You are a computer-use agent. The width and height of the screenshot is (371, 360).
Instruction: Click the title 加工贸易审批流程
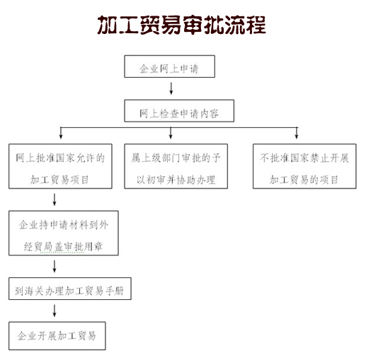point(182,25)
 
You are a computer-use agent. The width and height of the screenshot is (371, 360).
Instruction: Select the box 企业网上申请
point(169,66)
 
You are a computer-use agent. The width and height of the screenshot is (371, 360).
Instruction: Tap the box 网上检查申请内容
point(179,110)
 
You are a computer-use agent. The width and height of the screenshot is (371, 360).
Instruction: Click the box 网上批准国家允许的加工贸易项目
point(60,166)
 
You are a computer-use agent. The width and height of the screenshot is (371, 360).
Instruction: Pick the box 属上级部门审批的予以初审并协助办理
point(176,166)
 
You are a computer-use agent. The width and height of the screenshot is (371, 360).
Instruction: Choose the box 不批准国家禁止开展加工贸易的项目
point(304,166)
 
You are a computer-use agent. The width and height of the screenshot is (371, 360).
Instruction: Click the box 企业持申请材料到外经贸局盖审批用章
point(64,233)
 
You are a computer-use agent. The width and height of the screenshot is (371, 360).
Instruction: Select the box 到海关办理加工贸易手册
point(70,289)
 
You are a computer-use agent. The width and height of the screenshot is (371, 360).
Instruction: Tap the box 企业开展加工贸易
point(57,336)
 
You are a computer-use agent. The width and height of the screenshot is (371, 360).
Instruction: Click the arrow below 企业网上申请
point(171,88)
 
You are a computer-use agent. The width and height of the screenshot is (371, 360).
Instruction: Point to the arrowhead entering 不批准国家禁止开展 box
point(297,137)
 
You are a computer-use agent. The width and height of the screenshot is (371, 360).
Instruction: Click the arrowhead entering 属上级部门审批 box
point(171,137)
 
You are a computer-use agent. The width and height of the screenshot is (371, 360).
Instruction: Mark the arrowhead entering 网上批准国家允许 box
point(61,137)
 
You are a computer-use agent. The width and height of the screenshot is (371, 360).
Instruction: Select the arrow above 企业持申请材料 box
point(55,199)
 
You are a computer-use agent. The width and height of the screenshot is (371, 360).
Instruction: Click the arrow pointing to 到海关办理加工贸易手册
point(55,267)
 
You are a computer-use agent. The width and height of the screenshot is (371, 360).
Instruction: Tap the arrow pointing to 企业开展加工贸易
point(55,310)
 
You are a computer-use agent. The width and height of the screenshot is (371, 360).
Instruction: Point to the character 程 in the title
point(256,25)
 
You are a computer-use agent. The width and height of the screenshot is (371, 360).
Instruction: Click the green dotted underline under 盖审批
point(62,252)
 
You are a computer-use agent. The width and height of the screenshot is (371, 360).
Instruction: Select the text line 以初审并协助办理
point(176,180)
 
